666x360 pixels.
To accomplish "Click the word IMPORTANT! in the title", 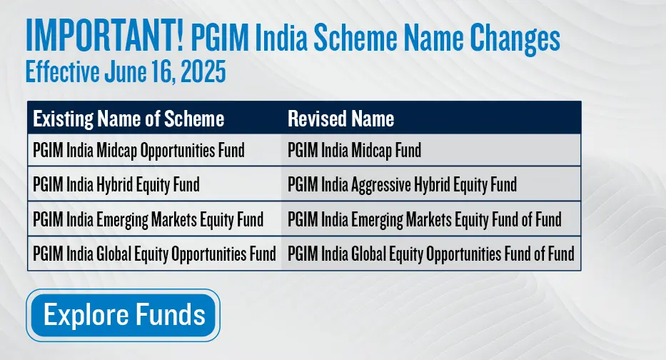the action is (x=104, y=35).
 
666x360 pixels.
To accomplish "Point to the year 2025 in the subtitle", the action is (x=203, y=71).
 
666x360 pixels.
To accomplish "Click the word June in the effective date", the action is (x=124, y=71).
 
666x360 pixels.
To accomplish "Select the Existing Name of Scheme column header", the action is (x=128, y=119).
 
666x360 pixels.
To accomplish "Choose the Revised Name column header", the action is (x=341, y=119).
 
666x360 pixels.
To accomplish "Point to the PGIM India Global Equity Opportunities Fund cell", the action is (x=155, y=254).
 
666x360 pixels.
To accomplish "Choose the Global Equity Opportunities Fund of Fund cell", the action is (x=431, y=254).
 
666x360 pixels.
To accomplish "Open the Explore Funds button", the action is (x=123, y=315).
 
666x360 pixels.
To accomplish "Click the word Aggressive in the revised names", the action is (x=381, y=185).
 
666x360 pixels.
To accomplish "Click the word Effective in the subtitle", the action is (x=63, y=71).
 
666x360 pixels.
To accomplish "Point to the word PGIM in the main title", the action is (x=220, y=39).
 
